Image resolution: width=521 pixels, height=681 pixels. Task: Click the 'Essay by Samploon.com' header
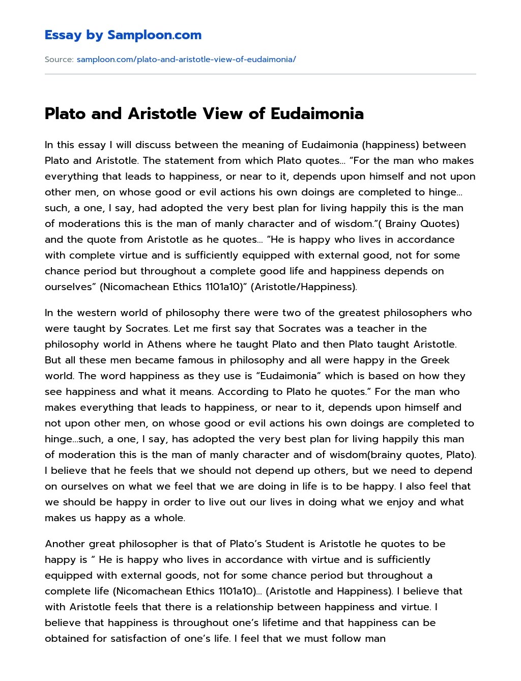tap(123, 35)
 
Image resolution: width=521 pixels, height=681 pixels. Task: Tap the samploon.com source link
tap(186, 59)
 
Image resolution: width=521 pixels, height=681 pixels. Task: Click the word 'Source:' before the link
tap(59, 59)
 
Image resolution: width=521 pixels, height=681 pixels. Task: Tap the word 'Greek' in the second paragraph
tap(435, 360)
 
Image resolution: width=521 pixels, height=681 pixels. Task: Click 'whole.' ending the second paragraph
tap(171, 518)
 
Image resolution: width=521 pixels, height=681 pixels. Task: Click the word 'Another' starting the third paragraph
tap(65, 544)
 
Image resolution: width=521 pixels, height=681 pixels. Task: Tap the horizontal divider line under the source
tap(260, 74)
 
